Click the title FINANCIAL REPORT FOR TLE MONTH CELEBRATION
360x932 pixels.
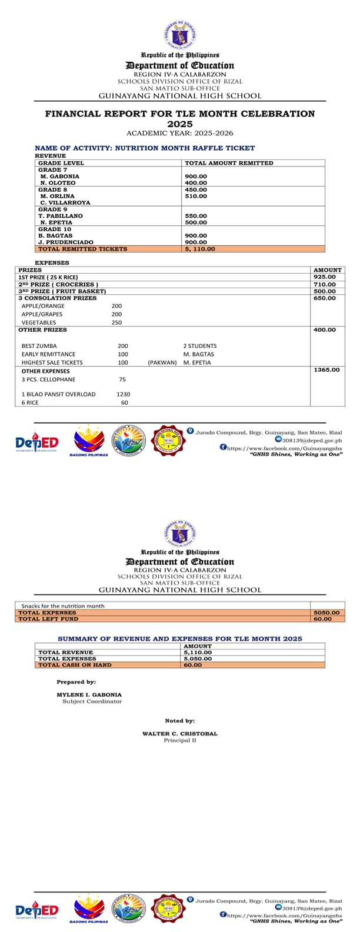(180, 114)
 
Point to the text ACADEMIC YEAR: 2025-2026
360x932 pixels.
(180, 134)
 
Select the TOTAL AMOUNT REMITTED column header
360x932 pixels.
(229, 163)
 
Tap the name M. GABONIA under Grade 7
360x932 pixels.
(59, 177)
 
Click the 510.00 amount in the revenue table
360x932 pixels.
(196, 197)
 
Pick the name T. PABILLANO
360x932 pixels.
(61, 216)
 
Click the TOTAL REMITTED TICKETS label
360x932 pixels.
(82, 249)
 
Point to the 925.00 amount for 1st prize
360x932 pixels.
(325, 277)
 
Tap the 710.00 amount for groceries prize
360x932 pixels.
(325, 284)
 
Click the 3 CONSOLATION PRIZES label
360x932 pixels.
(57, 298)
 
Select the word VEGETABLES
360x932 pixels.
(39, 322)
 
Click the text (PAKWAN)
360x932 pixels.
(162, 362)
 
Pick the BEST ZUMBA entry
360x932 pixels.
(39, 346)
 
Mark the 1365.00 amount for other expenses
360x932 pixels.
(326, 370)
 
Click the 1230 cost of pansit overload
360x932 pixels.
(124, 394)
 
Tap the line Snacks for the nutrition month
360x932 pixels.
(63, 606)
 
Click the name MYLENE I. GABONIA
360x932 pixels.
(89, 695)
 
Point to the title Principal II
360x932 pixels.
(179, 740)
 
